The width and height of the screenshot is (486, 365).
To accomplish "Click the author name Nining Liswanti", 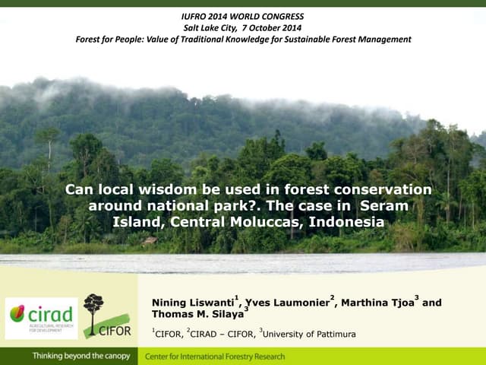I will pos(194,303).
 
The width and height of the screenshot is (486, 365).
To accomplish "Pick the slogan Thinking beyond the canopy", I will pos(80,357).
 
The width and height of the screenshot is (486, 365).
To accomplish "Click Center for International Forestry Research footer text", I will pos(215,357).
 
